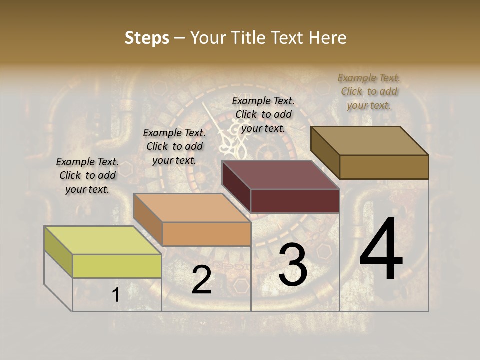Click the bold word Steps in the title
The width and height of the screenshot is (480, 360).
pos(147,38)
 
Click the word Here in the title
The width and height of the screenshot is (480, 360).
pos(328,38)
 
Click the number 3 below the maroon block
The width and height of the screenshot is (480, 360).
pos(293,264)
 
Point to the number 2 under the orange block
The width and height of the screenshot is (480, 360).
pos(201,280)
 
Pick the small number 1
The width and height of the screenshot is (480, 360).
pos(116,295)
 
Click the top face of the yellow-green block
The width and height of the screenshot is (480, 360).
pos(103,240)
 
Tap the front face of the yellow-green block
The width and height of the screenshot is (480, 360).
pos(117,266)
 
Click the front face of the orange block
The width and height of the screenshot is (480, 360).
pos(206,234)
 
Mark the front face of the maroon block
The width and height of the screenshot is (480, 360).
pos(295,201)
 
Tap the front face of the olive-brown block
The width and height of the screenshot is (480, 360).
pos(384,167)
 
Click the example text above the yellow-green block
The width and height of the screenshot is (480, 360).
pos(88,176)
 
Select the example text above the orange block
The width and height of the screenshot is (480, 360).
pos(174,147)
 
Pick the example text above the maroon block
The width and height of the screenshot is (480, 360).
pos(263,114)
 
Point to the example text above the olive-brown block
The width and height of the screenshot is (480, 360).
pos(369,91)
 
